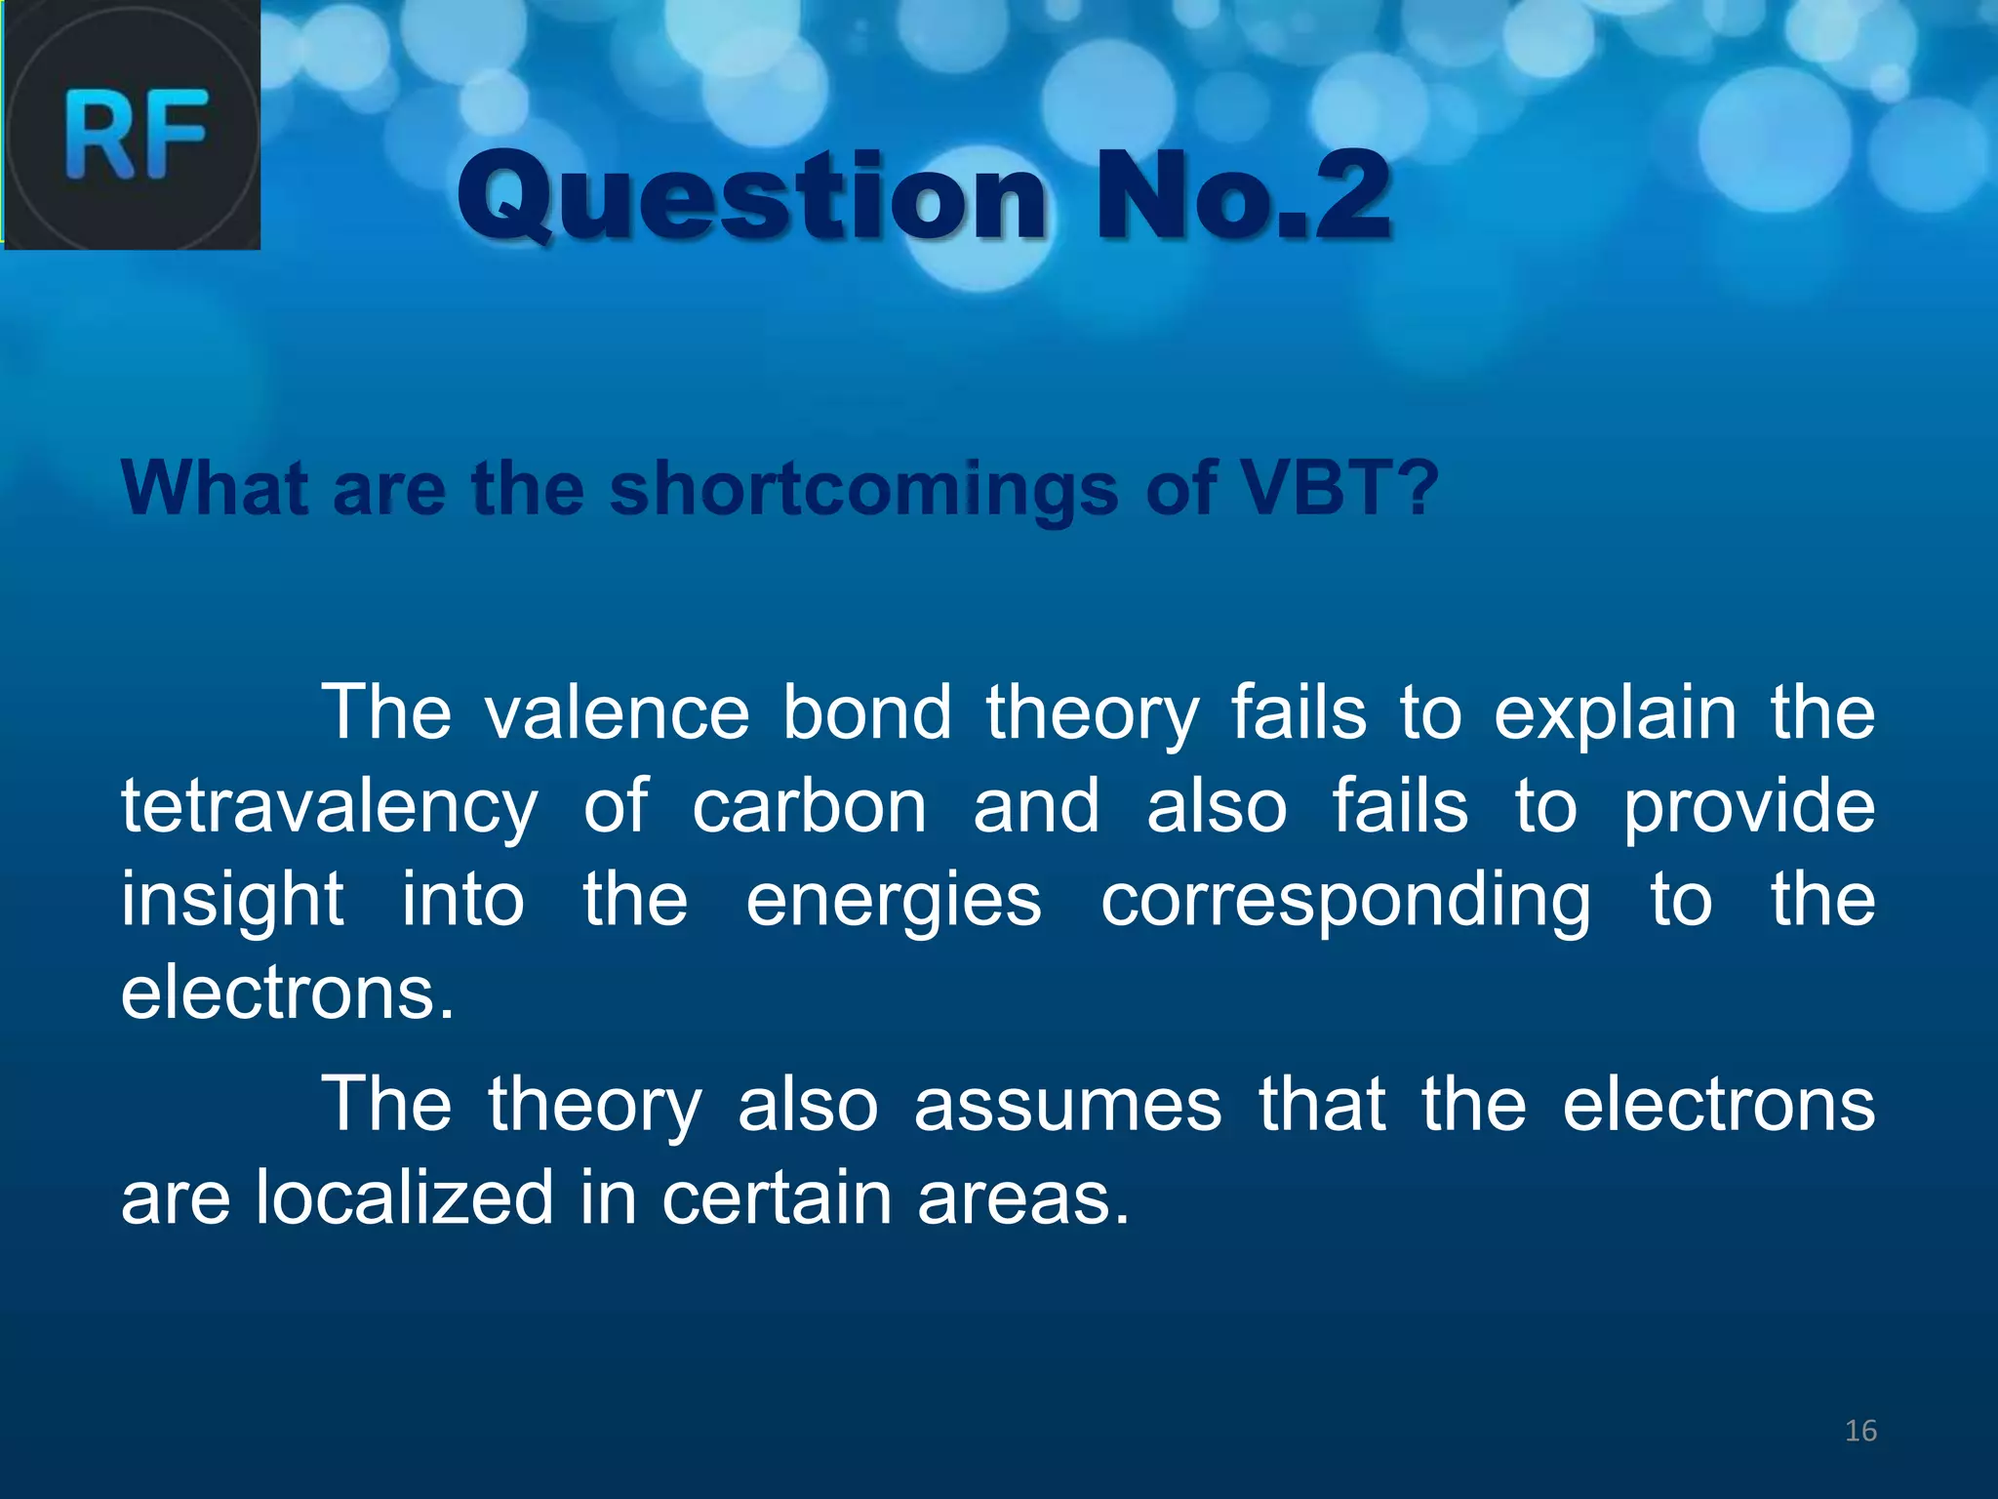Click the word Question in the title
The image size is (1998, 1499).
point(751,197)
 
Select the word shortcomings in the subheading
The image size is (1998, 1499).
point(863,488)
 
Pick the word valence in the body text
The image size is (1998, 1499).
point(618,712)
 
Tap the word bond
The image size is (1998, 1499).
point(867,712)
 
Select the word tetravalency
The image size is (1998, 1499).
point(329,808)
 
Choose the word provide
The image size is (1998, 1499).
point(1748,808)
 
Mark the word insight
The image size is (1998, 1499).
point(232,900)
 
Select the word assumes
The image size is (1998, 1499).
point(1067,1105)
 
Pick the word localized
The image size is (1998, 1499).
point(405,1197)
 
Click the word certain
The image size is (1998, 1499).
point(777,1197)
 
